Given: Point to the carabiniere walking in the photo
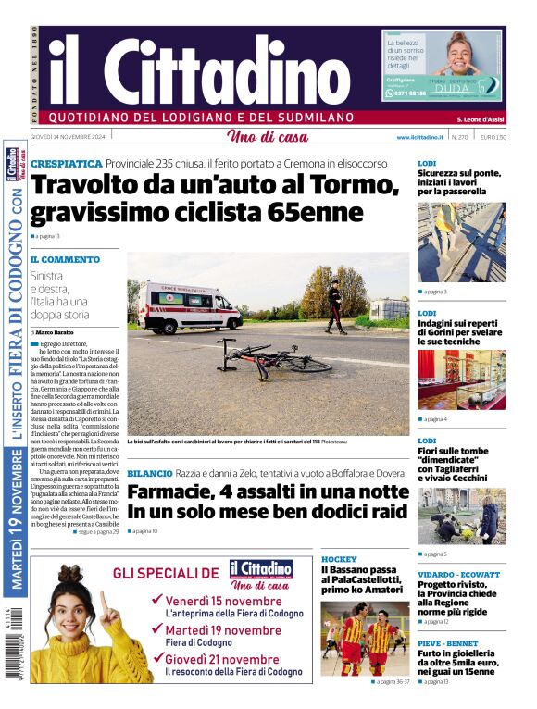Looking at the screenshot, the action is [x=334, y=308].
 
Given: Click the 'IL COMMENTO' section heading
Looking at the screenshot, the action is [x=65, y=260].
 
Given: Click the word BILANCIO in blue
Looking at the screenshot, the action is [x=149, y=473].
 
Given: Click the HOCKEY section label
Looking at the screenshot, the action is [x=338, y=560].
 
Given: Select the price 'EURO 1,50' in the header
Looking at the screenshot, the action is [x=493, y=137].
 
